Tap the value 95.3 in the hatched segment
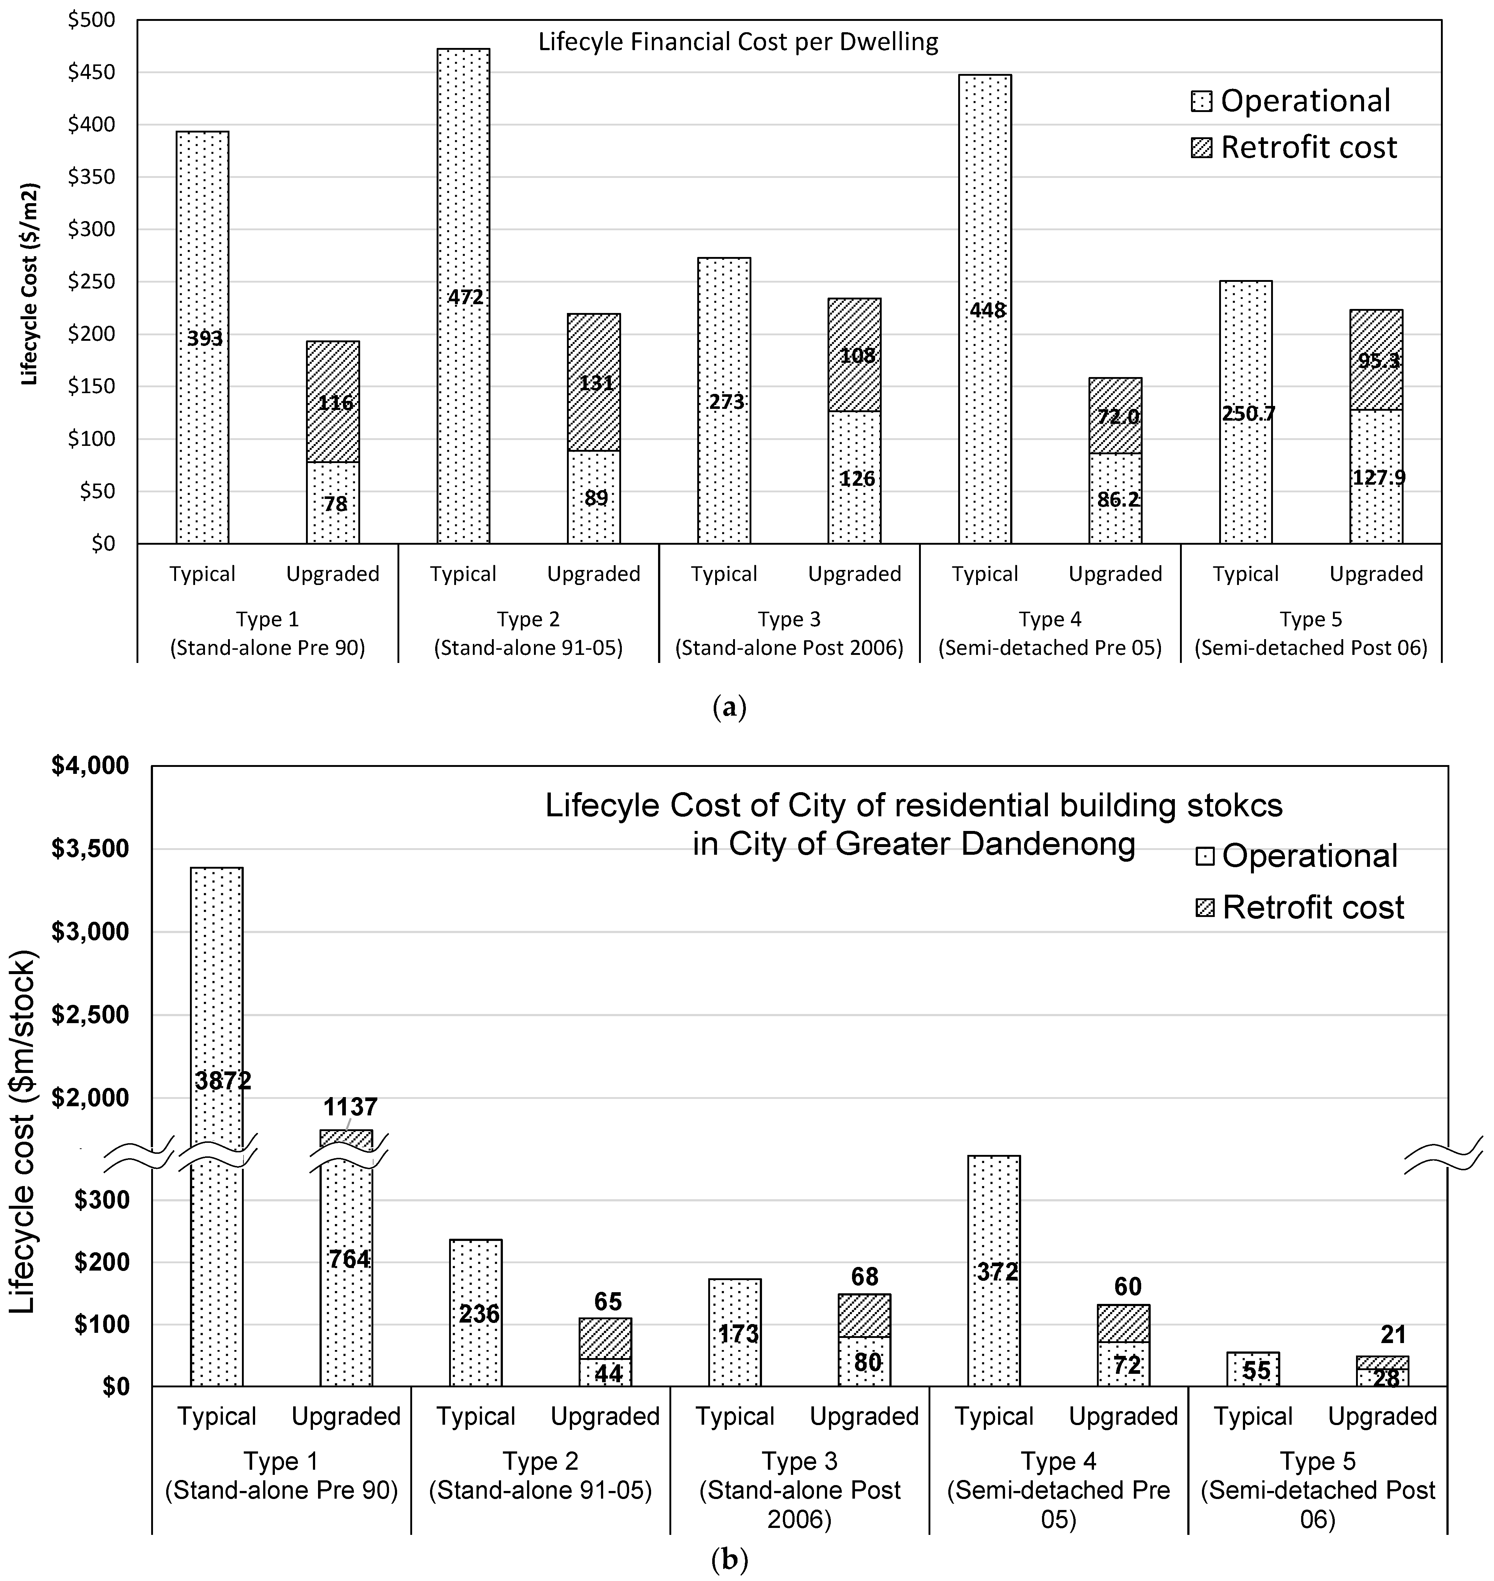[1378, 361]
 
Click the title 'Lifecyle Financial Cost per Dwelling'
[738, 41]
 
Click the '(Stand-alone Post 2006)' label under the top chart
[789, 648]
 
